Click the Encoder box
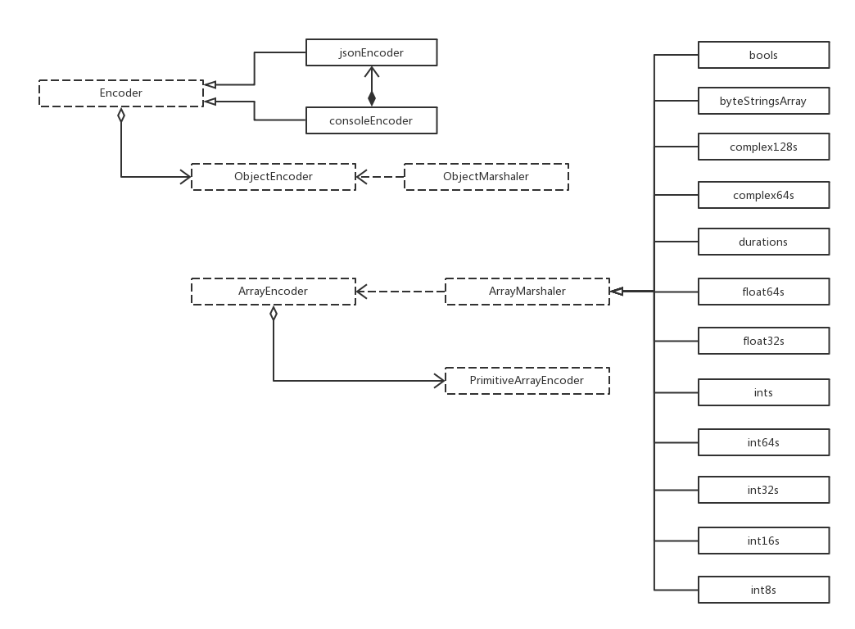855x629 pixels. pyautogui.click(x=121, y=93)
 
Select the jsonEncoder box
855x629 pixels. pyautogui.click(x=371, y=53)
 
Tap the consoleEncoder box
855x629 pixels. pyautogui.click(x=371, y=121)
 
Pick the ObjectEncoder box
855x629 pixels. pyautogui.click(x=273, y=177)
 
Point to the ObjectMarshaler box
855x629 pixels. pyautogui.click(x=486, y=177)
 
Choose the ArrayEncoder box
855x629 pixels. pyautogui.click(x=273, y=292)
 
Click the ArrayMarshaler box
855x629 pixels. pyautogui.click(x=527, y=292)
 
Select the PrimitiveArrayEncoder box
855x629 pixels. pyautogui.click(x=527, y=381)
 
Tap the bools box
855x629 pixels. pyautogui.click(x=763, y=56)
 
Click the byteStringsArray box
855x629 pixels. pyautogui.click(x=763, y=102)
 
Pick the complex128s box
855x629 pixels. pyautogui.click(x=763, y=147)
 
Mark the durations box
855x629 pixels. pyautogui.click(x=763, y=242)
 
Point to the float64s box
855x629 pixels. pyautogui.click(x=763, y=292)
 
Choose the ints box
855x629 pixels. pyautogui.click(x=763, y=393)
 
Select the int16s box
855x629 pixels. pyautogui.click(x=763, y=541)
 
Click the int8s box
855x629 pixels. pyautogui.click(x=763, y=590)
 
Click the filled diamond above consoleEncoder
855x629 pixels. pyautogui.click(x=372, y=98)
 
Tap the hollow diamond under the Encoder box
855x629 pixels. pyautogui.click(x=121, y=115)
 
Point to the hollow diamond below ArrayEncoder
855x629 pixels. pyautogui.click(x=274, y=313)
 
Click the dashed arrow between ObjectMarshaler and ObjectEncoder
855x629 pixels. pyautogui.click(x=380, y=177)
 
